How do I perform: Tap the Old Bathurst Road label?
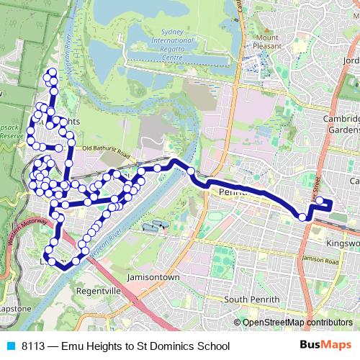tap(107, 150)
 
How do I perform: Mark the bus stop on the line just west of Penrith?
tap(191, 171)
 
